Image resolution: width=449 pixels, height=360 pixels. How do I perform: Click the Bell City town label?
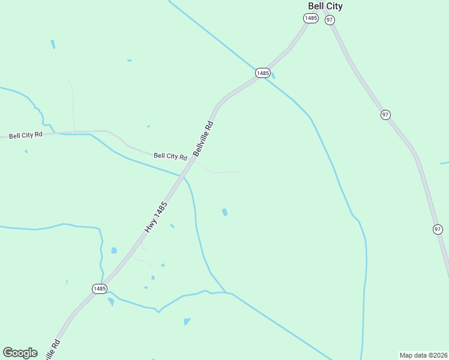tap(325, 6)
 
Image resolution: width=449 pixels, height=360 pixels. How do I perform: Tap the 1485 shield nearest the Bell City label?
tap(310, 19)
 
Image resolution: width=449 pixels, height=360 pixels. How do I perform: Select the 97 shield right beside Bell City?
tap(330, 20)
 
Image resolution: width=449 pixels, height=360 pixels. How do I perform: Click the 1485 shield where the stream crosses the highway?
tap(262, 73)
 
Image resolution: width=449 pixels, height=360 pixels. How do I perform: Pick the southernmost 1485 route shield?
tap(100, 289)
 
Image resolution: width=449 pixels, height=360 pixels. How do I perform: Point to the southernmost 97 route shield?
tap(438, 229)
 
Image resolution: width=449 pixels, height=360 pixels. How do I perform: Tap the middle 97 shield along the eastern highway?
tap(385, 115)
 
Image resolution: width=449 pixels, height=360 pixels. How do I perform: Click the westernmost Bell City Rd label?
tap(25, 135)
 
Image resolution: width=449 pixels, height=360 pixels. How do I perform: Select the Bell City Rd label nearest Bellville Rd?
tap(170, 156)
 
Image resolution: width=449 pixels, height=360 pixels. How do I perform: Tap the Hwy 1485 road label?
tap(155, 217)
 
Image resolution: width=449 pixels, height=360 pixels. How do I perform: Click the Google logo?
tap(20, 353)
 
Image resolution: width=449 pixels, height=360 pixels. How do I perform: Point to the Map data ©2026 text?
tap(424, 355)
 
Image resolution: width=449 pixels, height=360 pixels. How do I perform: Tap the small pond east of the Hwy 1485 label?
tap(224, 212)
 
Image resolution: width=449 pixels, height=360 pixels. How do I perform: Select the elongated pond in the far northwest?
tap(53, 44)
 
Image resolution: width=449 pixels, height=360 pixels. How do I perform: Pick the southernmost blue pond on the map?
tap(187, 322)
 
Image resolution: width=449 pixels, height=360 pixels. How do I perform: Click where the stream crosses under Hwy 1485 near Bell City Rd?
tap(183, 177)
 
